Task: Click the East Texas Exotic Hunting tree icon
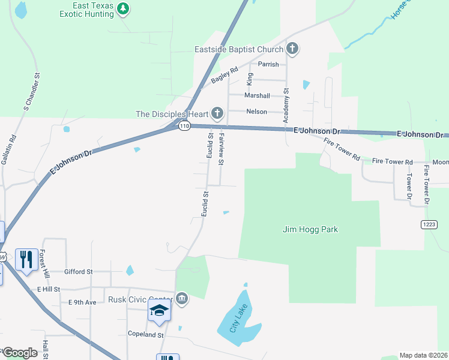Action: click(x=123, y=8)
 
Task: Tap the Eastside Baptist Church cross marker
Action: click(x=292, y=49)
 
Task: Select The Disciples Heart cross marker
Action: click(x=217, y=113)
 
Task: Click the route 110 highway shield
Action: click(x=184, y=126)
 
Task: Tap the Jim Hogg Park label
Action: click(x=310, y=229)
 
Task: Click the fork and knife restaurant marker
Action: click(x=26, y=259)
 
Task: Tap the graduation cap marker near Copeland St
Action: click(x=159, y=310)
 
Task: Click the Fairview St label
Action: click(x=221, y=149)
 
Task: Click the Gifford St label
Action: click(x=79, y=272)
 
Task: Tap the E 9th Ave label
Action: click(x=82, y=302)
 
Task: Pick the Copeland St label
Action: click(x=145, y=334)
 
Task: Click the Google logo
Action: click(x=19, y=353)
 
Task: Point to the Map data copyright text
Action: click(x=424, y=355)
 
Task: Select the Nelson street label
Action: click(x=256, y=112)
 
